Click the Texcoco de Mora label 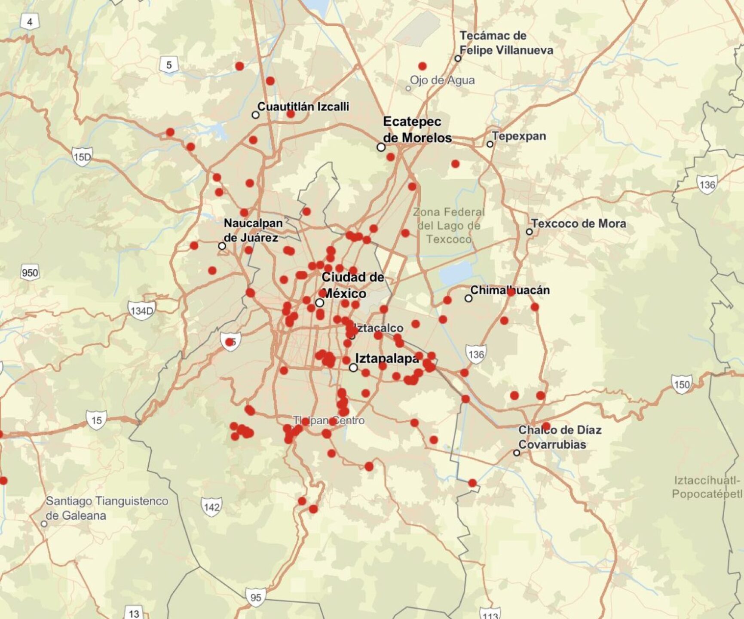(x=579, y=224)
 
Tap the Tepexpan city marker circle (x=490, y=144)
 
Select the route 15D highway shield (x=82, y=157)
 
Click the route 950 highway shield (x=30, y=273)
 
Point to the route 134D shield (x=141, y=310)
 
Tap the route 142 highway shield (x=211, y=507)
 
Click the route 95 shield (x=256, y=598)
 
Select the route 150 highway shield (x=682, y=384)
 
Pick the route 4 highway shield (x=30, y=22)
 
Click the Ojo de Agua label (x=442, y=80)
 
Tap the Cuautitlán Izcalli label (x=303, y=107)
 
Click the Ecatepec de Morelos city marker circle (x=381, y=147)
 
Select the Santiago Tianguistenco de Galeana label (x=107, y=508)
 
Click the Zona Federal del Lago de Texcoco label (x=449, y=226)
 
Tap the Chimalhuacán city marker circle (x=468, y=298)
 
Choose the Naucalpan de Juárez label (x=253, y=230)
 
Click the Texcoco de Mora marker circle (x=530, y=232)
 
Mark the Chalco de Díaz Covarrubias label (x=560, y=437)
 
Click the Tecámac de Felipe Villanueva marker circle (x=458, y=58)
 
